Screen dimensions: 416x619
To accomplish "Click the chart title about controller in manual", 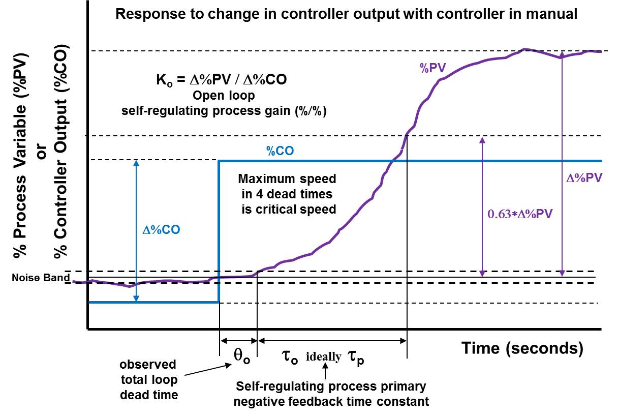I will coord(346,14).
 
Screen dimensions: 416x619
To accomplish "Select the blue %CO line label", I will coord(280,151).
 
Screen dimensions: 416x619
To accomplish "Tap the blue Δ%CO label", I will coord(161,229).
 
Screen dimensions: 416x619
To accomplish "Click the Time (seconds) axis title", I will coord(522,348).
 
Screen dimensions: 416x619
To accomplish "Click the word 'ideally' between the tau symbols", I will coord(323,356).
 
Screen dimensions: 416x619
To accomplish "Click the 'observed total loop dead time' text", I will coord(148,379).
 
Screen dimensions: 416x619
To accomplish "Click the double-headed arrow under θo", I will coord(238,341).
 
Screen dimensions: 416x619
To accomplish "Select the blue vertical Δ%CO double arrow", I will coord(136,231).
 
